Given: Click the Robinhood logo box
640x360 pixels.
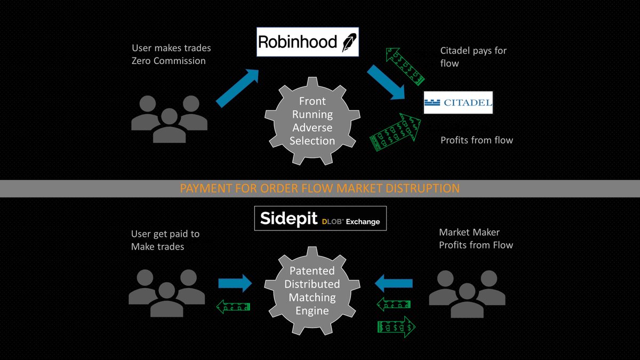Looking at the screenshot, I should coord(308,42).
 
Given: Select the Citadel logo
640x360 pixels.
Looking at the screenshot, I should coord(458,102).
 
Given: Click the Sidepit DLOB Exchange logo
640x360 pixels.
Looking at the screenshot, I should coord(320,218).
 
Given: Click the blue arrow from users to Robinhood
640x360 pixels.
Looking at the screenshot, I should coord(237,89).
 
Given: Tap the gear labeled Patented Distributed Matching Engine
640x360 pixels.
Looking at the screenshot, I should coord(312,291).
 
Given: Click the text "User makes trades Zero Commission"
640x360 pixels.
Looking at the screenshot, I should coord(171,54).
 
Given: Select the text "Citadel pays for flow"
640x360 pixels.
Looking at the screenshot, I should coord(473,57).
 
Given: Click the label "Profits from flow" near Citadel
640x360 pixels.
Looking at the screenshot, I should coord(476,140).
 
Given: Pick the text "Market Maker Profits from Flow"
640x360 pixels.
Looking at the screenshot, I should coord(476,239).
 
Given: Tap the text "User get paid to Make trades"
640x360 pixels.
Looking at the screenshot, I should coord(165,240).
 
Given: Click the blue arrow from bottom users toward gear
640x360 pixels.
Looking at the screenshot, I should coord(235,282).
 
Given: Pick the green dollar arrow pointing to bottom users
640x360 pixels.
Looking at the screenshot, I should coord(233,306).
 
